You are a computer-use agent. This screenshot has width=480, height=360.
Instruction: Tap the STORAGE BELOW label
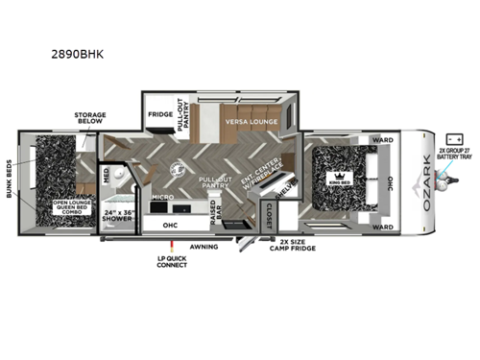(x=90, y=118)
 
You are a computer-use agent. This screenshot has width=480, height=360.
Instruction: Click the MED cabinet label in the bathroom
(x=106, y=176)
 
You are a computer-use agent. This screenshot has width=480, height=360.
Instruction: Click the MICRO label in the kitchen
(x=161, y=197)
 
